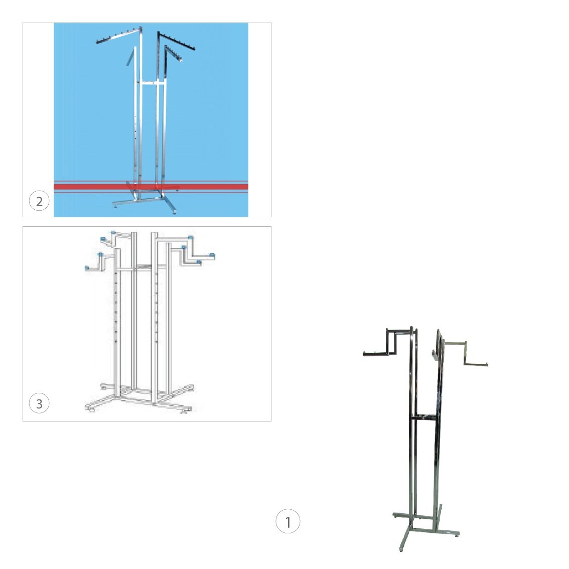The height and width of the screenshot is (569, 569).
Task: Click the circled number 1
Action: [288, 521]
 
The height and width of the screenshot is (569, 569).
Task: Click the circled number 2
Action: [39, 201]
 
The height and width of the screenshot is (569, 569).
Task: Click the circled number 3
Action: [39, 403]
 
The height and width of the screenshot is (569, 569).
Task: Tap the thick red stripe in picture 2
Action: [151, 187]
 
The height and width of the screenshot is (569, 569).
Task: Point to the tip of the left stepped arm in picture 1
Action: [364, 353]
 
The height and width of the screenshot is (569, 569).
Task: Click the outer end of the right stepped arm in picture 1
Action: [486, 364]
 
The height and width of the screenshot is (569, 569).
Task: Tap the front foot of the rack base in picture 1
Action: [401, 549]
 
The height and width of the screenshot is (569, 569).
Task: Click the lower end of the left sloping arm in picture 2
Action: [97, 42]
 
